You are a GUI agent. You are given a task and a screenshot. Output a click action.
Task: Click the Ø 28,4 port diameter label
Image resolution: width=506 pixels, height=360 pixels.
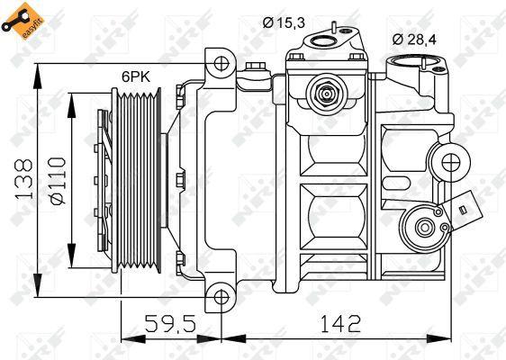click(414, 38)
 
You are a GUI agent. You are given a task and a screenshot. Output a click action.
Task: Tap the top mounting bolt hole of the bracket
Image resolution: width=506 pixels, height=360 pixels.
click(220, 65)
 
